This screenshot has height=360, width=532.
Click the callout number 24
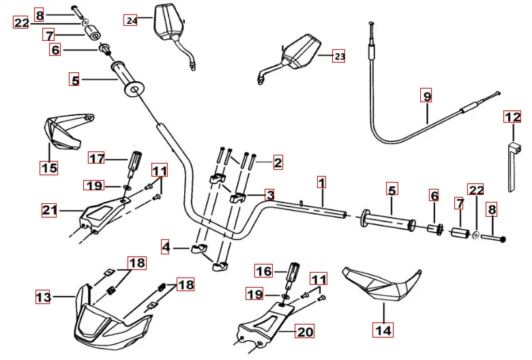[x=131, y=20]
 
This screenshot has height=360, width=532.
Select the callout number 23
[x=339, y=57]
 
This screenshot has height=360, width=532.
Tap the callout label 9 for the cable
[x=427, y=97]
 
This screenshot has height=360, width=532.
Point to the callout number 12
[x=512, y=117]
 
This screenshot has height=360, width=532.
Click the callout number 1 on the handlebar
[x=321, y=182]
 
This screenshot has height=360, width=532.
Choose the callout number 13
[x=43, y=297]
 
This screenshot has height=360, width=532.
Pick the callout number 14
[x=383, y=331]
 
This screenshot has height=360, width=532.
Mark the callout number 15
[x=48, y=167]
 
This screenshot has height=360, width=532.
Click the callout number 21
[x=49, y=211]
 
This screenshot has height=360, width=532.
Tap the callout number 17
[x=97, y=159]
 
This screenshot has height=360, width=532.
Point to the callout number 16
[x=263, y=271]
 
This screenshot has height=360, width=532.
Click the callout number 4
[x=166, y=246]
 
